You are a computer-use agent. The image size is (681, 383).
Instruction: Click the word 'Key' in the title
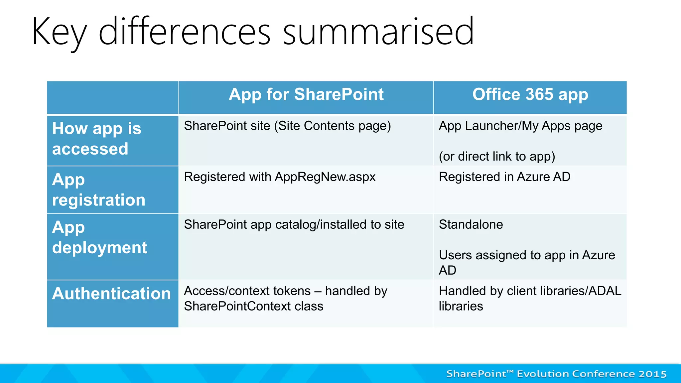[x=59, y=32]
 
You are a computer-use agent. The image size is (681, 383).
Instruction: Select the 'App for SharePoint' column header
[x=306, y=94]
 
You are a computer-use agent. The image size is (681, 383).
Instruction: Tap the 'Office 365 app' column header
[x=530, y=94]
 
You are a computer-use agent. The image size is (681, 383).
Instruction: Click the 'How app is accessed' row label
[x=96, y=138]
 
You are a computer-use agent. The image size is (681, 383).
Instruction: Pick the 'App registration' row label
[x=98, y=190]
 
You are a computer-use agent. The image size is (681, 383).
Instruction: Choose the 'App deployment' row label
[x=99, y=237]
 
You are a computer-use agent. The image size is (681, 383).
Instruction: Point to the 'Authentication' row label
[x=111, y=294]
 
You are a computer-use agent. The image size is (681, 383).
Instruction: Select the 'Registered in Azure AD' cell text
[x=504, y=177]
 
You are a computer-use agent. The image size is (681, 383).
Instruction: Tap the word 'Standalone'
[x=471, y=224]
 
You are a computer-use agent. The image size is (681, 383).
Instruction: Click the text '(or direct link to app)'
[x=497, y=156]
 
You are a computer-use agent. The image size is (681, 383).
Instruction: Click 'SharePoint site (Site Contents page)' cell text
[x=287, y=126]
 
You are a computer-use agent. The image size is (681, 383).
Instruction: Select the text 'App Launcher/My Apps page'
[x=520, y=126]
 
